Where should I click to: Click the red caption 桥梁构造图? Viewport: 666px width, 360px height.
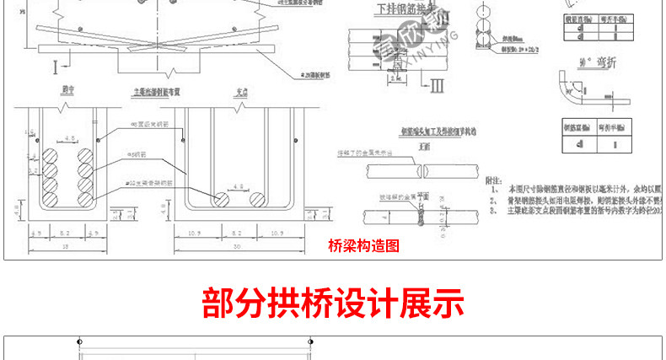coord(363,246)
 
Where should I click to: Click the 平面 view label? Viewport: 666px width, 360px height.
coord(422,193)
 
